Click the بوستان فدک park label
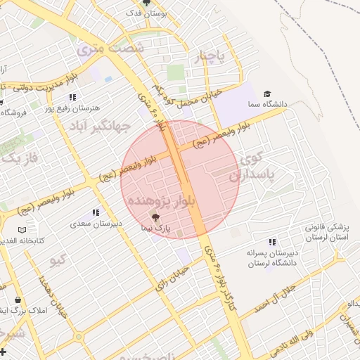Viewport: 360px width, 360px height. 146,13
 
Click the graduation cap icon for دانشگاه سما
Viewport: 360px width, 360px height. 266,94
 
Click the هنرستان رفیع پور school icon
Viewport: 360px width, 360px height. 72,97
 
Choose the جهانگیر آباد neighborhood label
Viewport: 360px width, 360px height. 101,127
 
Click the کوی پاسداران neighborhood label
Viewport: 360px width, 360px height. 261,166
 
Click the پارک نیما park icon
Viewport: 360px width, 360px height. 156,217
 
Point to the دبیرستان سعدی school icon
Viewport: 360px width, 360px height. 96,212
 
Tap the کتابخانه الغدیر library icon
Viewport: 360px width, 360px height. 22,230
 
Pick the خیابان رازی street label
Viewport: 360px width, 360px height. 172,278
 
